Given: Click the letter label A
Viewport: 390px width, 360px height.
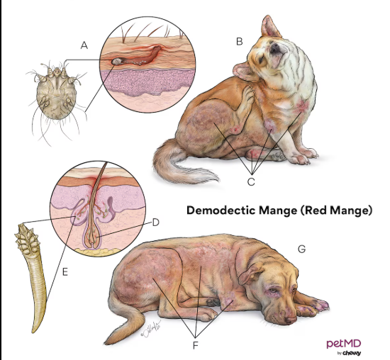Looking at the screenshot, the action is [84, 45].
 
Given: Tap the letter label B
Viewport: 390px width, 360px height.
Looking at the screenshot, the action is [239, 42].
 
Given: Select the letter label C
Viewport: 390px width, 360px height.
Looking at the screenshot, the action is [251, 181].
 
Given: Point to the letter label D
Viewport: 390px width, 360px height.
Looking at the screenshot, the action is [155, 223].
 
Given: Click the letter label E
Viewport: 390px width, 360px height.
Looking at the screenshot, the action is [65, 272].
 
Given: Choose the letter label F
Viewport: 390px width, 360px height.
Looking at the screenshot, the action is [195, 345].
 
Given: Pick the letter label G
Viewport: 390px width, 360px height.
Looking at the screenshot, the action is [301, 249].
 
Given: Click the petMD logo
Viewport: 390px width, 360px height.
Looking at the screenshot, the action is [343, 346].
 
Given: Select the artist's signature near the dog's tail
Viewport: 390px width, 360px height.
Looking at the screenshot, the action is [150, 330].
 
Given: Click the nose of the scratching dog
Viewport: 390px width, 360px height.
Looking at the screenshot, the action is [275, 47].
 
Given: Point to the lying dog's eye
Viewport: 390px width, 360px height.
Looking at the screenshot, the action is [273, 290].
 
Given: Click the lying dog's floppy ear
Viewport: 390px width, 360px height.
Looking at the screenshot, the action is [250, 273].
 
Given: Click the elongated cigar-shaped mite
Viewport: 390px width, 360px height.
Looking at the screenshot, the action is [31, 276].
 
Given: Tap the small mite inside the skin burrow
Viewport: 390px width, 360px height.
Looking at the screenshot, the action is [116, 61].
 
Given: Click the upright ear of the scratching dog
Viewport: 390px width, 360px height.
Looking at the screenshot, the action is [270, 27].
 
